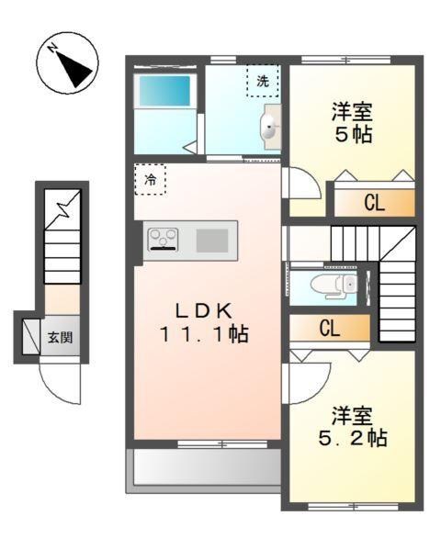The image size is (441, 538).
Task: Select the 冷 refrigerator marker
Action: [x=150, y=179]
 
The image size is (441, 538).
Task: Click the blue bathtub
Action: [x=164, y=94]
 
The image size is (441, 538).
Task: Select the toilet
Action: [x=332, y=285]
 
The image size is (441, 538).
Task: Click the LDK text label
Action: [x=208, y=310]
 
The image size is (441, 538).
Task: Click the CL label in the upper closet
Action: [x=372, y=204]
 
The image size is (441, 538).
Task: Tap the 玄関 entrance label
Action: [x=62, y=337]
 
